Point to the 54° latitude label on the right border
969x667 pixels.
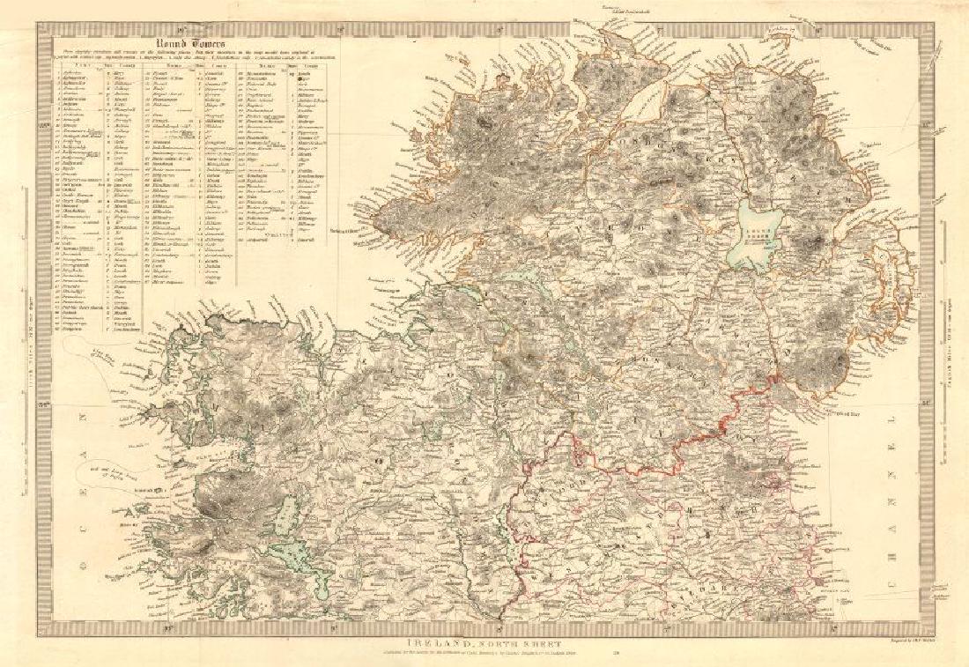(927, 404)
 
